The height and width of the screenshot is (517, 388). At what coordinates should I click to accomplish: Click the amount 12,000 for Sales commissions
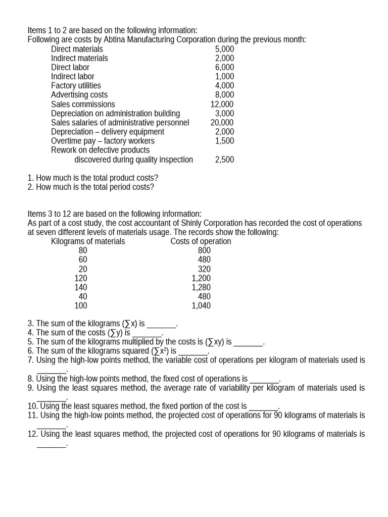pos(222,105)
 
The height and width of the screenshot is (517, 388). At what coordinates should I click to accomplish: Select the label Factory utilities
pos(76,86)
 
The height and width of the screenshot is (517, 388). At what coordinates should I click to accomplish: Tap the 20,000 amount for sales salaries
pos(222,123)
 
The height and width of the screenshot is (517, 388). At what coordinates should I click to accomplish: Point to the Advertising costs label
pos(79,95)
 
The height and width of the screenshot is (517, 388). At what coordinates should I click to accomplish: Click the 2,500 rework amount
pos(224,160)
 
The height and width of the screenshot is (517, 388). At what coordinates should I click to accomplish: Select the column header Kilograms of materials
pos(88,241)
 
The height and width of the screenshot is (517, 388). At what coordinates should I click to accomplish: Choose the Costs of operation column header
pos(201,241)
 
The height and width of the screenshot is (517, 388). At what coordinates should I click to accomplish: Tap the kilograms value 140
pos(81,287)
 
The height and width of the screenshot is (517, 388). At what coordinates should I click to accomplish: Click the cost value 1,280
pos(201,287)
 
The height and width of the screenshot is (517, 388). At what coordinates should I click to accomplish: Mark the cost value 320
pos(204,269)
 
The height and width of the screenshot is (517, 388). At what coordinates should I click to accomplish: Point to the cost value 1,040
pos(201,305)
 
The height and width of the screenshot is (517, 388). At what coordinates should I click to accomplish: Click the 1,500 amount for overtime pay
pos(224,141)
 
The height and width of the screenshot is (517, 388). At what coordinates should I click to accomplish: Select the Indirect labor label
pos(73,77)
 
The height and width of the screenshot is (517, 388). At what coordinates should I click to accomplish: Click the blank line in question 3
pos(161,324)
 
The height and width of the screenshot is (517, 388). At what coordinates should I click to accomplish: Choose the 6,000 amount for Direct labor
pos(224,68)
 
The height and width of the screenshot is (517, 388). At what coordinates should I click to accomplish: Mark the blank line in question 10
pos(263,407)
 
